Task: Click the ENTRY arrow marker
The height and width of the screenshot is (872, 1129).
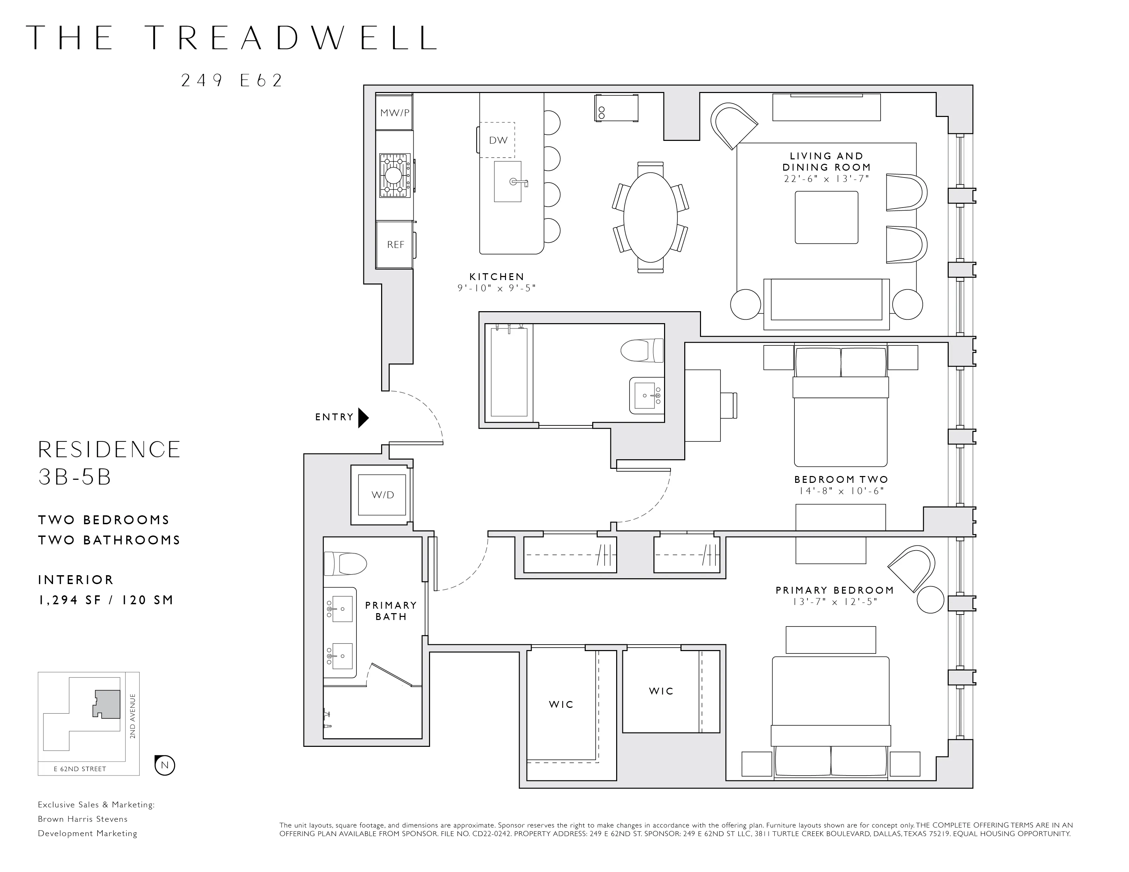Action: [x=363, y=418]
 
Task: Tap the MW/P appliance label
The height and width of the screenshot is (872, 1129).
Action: [x=394, y=113]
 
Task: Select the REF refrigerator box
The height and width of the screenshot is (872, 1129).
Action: [x=395, y=245]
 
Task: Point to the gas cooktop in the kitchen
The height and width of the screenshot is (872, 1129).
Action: [x=395, y=175]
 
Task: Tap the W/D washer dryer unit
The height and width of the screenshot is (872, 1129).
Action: [x=382, y=495]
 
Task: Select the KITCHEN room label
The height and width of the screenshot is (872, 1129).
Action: [x=496, y=277]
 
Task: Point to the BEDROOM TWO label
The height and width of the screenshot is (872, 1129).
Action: [x=841, y=479]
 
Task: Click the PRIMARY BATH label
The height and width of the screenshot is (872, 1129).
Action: [x=391, y=611]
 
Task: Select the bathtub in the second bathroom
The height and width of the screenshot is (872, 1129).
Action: [x=509, y=372]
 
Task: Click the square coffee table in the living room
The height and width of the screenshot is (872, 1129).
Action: [x=826, y=217]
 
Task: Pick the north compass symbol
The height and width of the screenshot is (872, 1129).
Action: [x=165, y=765]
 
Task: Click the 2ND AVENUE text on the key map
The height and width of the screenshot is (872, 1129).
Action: [x=133, y=716]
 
